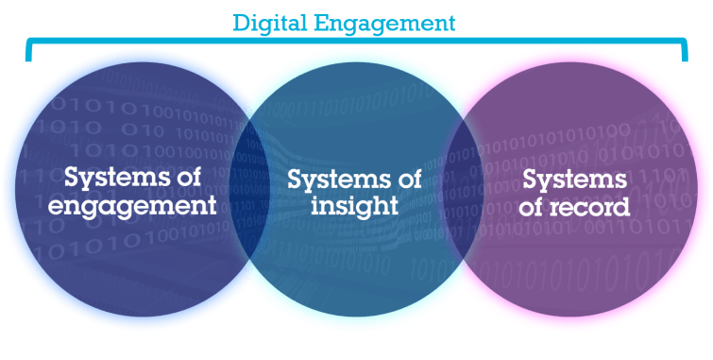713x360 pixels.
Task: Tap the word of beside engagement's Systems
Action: [194, 177]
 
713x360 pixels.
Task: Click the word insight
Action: [355, 205]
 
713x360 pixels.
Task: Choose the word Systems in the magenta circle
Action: [574, 179]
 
